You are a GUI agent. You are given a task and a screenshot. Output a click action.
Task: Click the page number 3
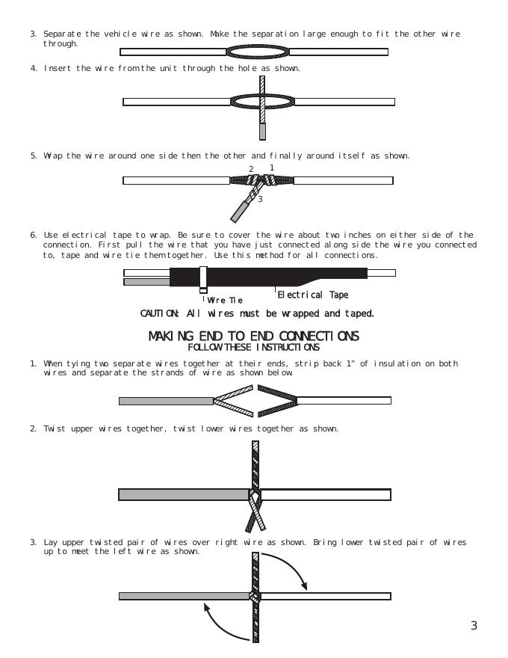[474, 627]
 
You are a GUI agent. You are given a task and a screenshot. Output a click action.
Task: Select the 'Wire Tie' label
[224, 301]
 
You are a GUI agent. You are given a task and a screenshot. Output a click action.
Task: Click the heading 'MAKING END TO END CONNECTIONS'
[254, 336]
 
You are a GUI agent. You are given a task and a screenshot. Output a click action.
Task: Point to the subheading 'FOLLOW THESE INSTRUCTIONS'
[254, 347]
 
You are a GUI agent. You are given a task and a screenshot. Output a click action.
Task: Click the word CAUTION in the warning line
[160, 313]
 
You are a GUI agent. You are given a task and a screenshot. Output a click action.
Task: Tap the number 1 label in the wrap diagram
[272, 168]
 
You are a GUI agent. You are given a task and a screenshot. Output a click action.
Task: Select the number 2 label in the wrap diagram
[251, 169]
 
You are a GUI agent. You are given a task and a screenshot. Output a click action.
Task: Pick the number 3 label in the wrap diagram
[259, 200]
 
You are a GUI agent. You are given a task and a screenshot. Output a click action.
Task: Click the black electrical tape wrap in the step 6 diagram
[284, 274]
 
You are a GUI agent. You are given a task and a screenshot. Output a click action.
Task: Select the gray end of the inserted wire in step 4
[262, 132]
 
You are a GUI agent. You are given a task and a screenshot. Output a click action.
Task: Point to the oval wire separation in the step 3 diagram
[258, 52]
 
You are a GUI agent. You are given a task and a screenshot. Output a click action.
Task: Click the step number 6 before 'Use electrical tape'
[33, 236]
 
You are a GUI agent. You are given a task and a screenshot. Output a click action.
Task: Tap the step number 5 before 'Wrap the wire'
[33, 156]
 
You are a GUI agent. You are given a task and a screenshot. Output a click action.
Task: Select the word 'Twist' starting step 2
[55, 429]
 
